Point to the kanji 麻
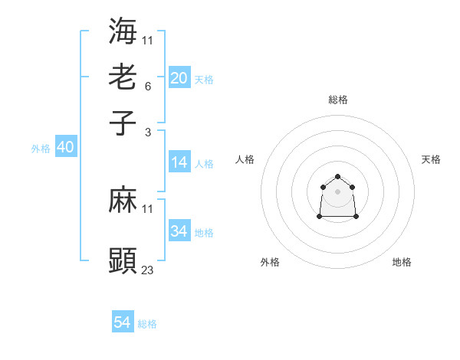coord(123,201)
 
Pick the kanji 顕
coord(123,260)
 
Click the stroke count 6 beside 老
coord(147,86)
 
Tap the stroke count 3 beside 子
coord(147,132)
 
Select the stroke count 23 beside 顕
coord(148,270)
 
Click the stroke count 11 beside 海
coord(148,40)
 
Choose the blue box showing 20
coord(179,78)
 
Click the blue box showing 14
coord(179,162)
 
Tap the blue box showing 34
coord(179,231)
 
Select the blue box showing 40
coord(66,147)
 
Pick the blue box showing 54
coord(123,322)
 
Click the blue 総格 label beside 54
coord(147,324)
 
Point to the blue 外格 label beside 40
coord(41,149)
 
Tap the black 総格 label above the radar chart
coord(338,100)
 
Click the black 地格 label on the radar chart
coord(402,262)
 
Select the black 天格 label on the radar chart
coord(431,159)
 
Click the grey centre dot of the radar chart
coord(338,191)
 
